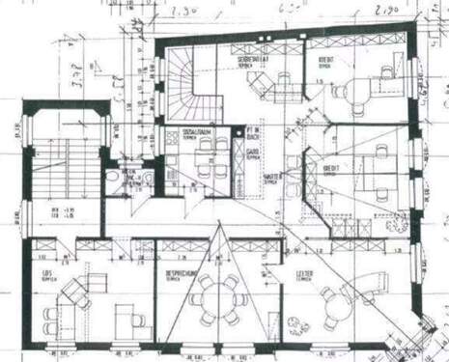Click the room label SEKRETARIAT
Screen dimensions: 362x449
coord(253,61)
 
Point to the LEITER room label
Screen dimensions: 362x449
coord(304,273)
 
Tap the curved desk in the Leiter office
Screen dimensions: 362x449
coord(367,283)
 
